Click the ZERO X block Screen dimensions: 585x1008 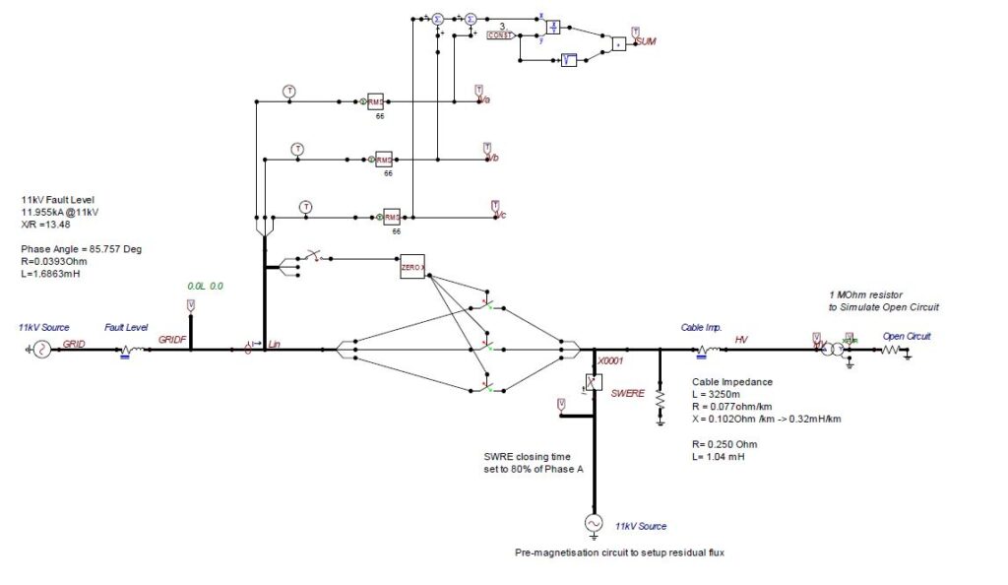pos(412,267)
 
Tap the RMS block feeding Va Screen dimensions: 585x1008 pos(375,101)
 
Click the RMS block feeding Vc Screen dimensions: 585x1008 pos(391,217)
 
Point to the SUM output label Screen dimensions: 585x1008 pos(646,42)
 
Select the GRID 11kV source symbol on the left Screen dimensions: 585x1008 pos(42,349)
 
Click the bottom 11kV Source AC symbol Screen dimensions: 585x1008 pos(594,524)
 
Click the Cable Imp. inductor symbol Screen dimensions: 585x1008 pos(706,349)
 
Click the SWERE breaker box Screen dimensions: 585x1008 pos(594,383)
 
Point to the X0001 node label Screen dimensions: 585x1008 pos(611,360)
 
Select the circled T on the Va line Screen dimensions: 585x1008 pos(289,91)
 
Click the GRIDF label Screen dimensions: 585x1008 pos(172,339)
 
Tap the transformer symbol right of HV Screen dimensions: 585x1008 pos(832,350)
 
